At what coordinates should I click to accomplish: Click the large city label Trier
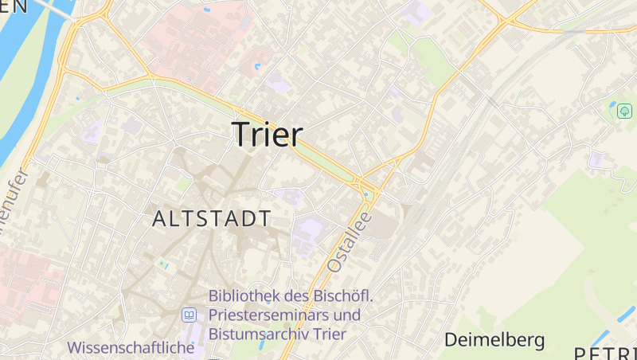(267, 135)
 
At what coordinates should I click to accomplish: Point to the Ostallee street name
(350, 236)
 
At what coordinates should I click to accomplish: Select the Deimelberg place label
(494, 340)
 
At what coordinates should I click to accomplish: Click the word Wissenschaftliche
(131, 347)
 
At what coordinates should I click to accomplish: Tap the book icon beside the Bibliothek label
(189, 315)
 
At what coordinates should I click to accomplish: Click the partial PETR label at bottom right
(605, 353)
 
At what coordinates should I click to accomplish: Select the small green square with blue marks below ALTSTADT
(164, 263)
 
